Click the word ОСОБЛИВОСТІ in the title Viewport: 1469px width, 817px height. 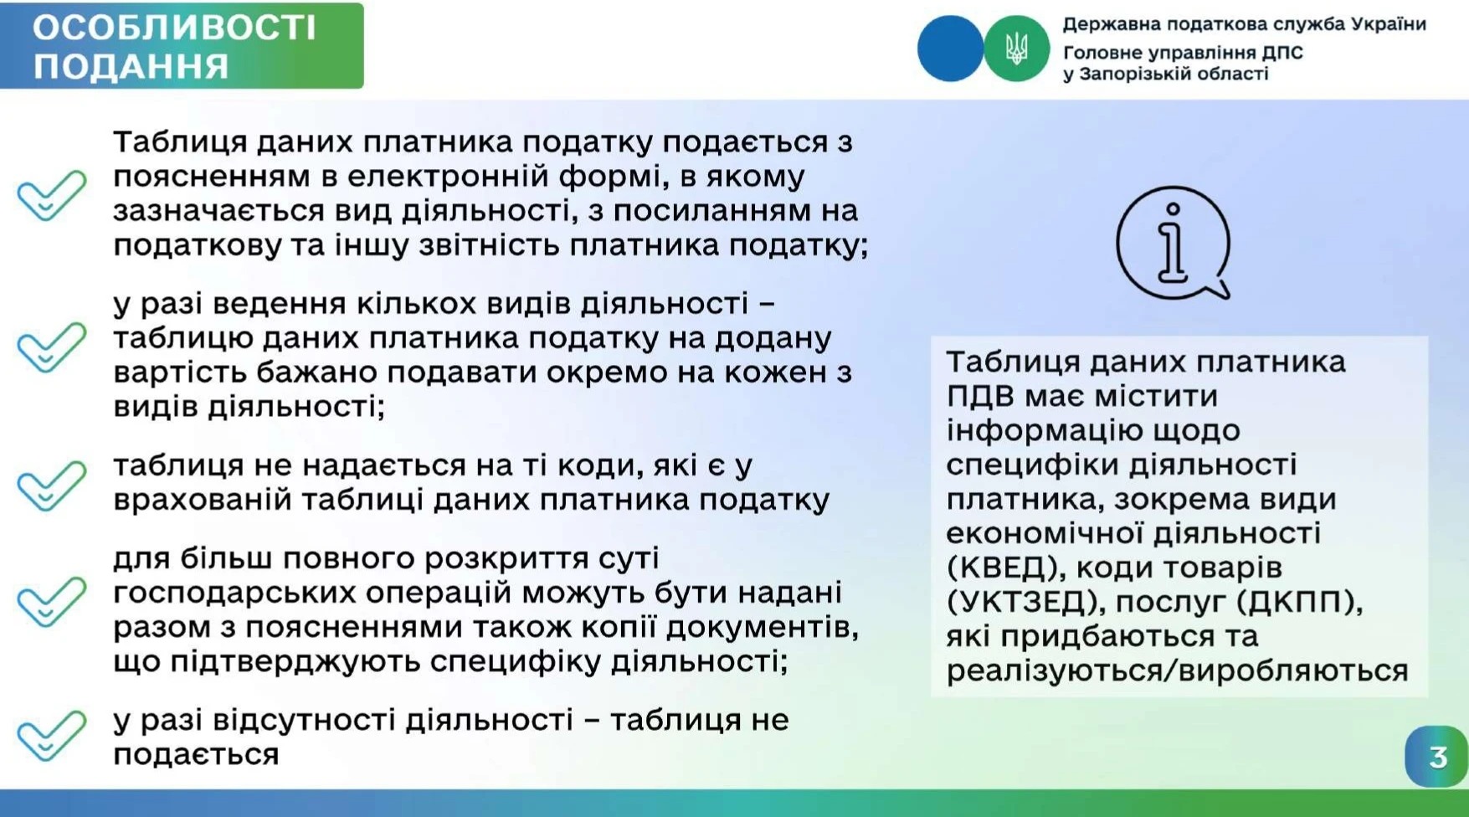[x=174, y=28]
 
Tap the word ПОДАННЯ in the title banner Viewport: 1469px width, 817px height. [x=131, y=66]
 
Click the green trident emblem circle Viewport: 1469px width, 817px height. [x=1016, y=49]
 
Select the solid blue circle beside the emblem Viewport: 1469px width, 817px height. [x=951, y=49]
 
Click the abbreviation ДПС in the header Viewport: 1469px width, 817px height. [x=1282, y=52]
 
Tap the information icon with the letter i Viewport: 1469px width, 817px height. [x=1174, y=243]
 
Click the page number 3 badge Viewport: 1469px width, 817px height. [x=1436, y=757]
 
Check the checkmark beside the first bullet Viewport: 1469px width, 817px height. [x=52, y=194]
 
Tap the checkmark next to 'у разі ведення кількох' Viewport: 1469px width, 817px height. [x=52, y=347]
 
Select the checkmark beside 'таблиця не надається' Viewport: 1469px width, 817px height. [x=52, y=485]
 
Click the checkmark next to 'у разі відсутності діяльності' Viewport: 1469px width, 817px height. [x=52, y=735]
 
